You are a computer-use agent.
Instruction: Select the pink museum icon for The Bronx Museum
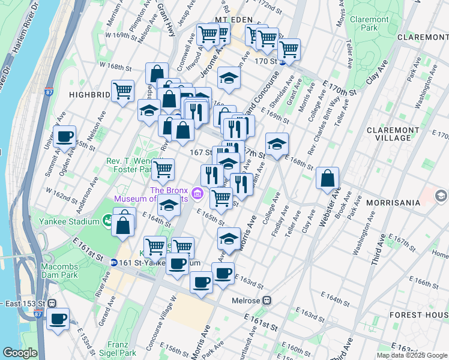pyautogui.click(x=197, y=196)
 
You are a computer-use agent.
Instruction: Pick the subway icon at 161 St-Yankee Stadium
pyautogui.click(x=113, y=262)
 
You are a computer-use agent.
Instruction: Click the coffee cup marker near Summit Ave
pyautogui.click(x=64, y=136)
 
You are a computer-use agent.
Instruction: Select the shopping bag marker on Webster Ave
pyautogui.click(x=327, y=178)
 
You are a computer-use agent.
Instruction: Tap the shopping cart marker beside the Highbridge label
pyautogui.click(x=122, y=91)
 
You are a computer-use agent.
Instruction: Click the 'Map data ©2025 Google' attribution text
pyautogui.click(x=411, y=355)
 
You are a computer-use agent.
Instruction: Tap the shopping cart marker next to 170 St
pyautogui.click(x=289, y=50)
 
